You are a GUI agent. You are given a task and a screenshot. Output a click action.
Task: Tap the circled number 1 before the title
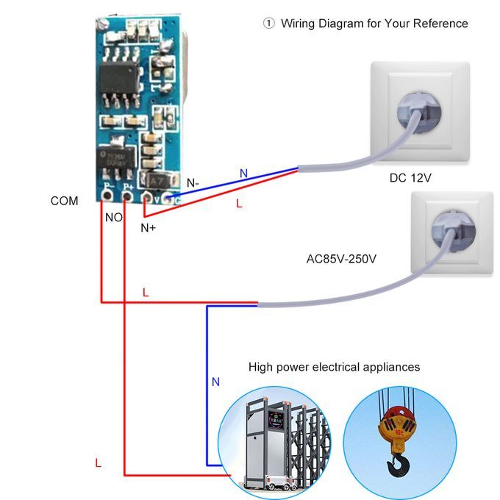coord(268,24)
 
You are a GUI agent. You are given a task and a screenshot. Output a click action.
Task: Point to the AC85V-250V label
coord(341,259)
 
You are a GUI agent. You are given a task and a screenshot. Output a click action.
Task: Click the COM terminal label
coord(64,201)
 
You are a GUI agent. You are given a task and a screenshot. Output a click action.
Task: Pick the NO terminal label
coord(114,218)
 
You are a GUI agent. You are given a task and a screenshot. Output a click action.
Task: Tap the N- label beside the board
coord(193,183)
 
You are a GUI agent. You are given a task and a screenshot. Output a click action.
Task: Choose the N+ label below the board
coord(148,228)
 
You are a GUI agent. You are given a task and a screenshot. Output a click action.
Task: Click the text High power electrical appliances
coord(334,366)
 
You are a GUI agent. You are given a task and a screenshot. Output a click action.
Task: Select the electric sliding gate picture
coord(272,441)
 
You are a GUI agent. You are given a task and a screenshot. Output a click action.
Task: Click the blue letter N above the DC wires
coord(243,173)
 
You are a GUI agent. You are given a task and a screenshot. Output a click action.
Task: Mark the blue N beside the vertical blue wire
coord(215,382)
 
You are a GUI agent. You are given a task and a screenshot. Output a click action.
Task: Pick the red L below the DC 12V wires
coord(239,204)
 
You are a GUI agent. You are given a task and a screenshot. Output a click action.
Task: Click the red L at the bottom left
coord(98,463)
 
